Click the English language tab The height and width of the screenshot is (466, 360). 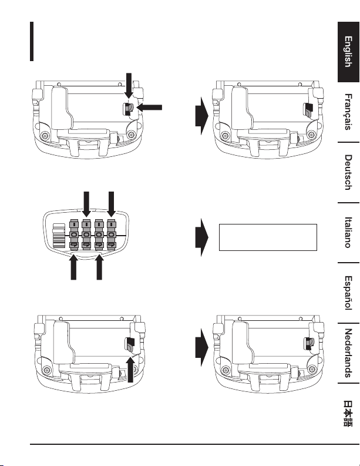tap(348, 52)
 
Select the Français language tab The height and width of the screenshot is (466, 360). tap(348, 112)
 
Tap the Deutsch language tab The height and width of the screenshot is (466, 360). tap(348, 172)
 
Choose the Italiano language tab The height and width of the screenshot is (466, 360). tap(348, 232)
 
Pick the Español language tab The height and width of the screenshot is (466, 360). tap(348, 293)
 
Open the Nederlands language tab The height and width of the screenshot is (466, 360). tap(348, 353)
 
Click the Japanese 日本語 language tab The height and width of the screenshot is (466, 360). tap(348, 413)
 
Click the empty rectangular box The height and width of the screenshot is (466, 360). tap(268, 237)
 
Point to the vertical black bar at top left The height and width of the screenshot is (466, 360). tap(32, 41)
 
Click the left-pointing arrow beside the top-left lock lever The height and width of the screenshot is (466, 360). tap(149, 108)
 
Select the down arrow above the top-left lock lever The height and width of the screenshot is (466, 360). tap(129, 86)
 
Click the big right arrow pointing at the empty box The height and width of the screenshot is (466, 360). tap(201, 237)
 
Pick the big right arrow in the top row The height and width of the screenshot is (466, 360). tap(201, 116)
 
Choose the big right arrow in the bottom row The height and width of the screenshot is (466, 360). tap(201, 347)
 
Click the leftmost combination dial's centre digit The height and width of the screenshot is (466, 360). tap(74, 235)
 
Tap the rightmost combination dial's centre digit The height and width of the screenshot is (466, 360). tap(112, 235)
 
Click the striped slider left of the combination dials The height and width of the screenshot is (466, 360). tap(59, 236)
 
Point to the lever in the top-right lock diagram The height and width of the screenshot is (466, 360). tap(308, 110)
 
